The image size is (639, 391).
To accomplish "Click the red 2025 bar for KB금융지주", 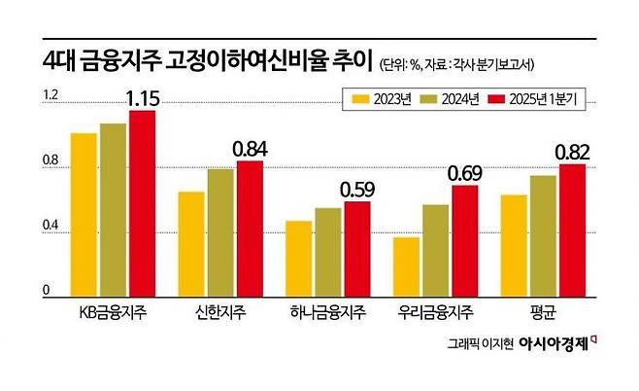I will [x=142, y=202].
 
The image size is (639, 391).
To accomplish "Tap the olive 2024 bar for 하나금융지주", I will [x=328, y=251].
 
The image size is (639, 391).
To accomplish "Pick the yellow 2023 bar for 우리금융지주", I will [x=407, y=266].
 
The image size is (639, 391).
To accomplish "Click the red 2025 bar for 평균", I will [x=573, y=230].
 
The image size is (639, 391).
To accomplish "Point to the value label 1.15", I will [x=141, y=98].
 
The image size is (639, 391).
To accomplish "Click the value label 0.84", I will [x=249, y=149].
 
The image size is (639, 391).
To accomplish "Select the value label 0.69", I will [x=464, y=173].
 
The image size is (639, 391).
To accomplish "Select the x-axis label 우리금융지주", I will [x=436, y=312].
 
